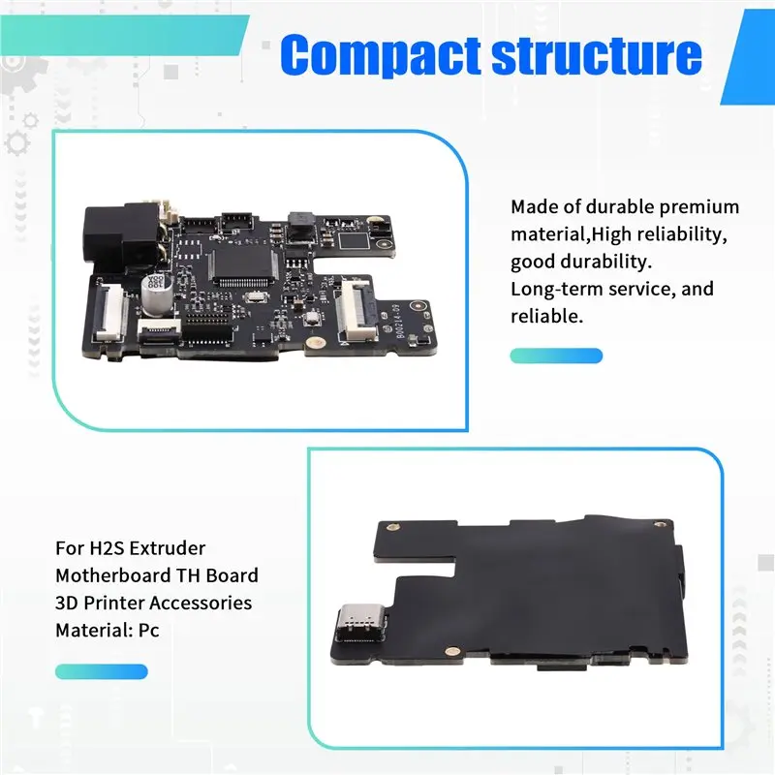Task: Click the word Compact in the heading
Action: (x=381, y=55)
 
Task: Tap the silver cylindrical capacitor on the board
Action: (x=157, y=295)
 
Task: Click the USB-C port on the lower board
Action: (x=360, y=623)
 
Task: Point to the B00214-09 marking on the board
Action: (x=402, y=322)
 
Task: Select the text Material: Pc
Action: (x=108, y=631)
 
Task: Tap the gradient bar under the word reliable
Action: (x=556, y=356)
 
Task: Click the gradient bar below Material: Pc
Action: (x=102, y=671)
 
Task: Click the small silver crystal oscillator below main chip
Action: (x=256, y=297)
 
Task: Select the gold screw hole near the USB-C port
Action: (x=450, y=651)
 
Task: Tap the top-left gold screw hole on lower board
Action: (x=392, y=527)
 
